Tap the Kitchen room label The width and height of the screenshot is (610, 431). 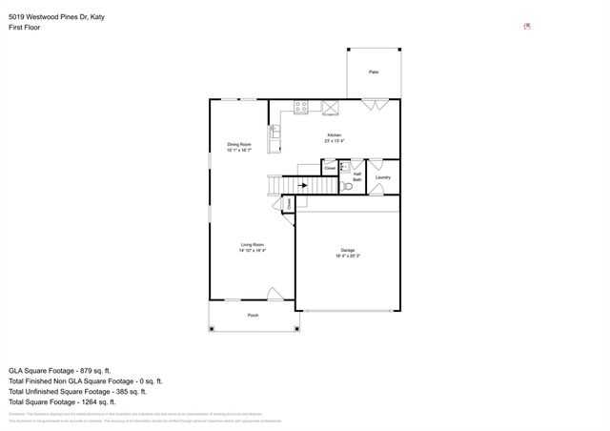click(334, 135)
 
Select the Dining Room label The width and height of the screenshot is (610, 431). click(238, 144)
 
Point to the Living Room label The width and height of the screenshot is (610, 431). click(252, 245)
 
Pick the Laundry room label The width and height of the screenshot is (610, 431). click(382, 177)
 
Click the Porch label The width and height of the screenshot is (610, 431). click(253, 315)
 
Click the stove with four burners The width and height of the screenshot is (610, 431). click(302, 108)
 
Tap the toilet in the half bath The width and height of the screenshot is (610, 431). click(348, 187)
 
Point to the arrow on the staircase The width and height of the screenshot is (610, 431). click(307, 187)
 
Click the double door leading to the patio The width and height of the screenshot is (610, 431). click(373, 105)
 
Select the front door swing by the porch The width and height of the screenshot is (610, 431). click(274, 296)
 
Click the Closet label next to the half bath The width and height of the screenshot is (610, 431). click(330, 168)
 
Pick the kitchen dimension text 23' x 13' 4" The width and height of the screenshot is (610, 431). click(334, 141)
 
